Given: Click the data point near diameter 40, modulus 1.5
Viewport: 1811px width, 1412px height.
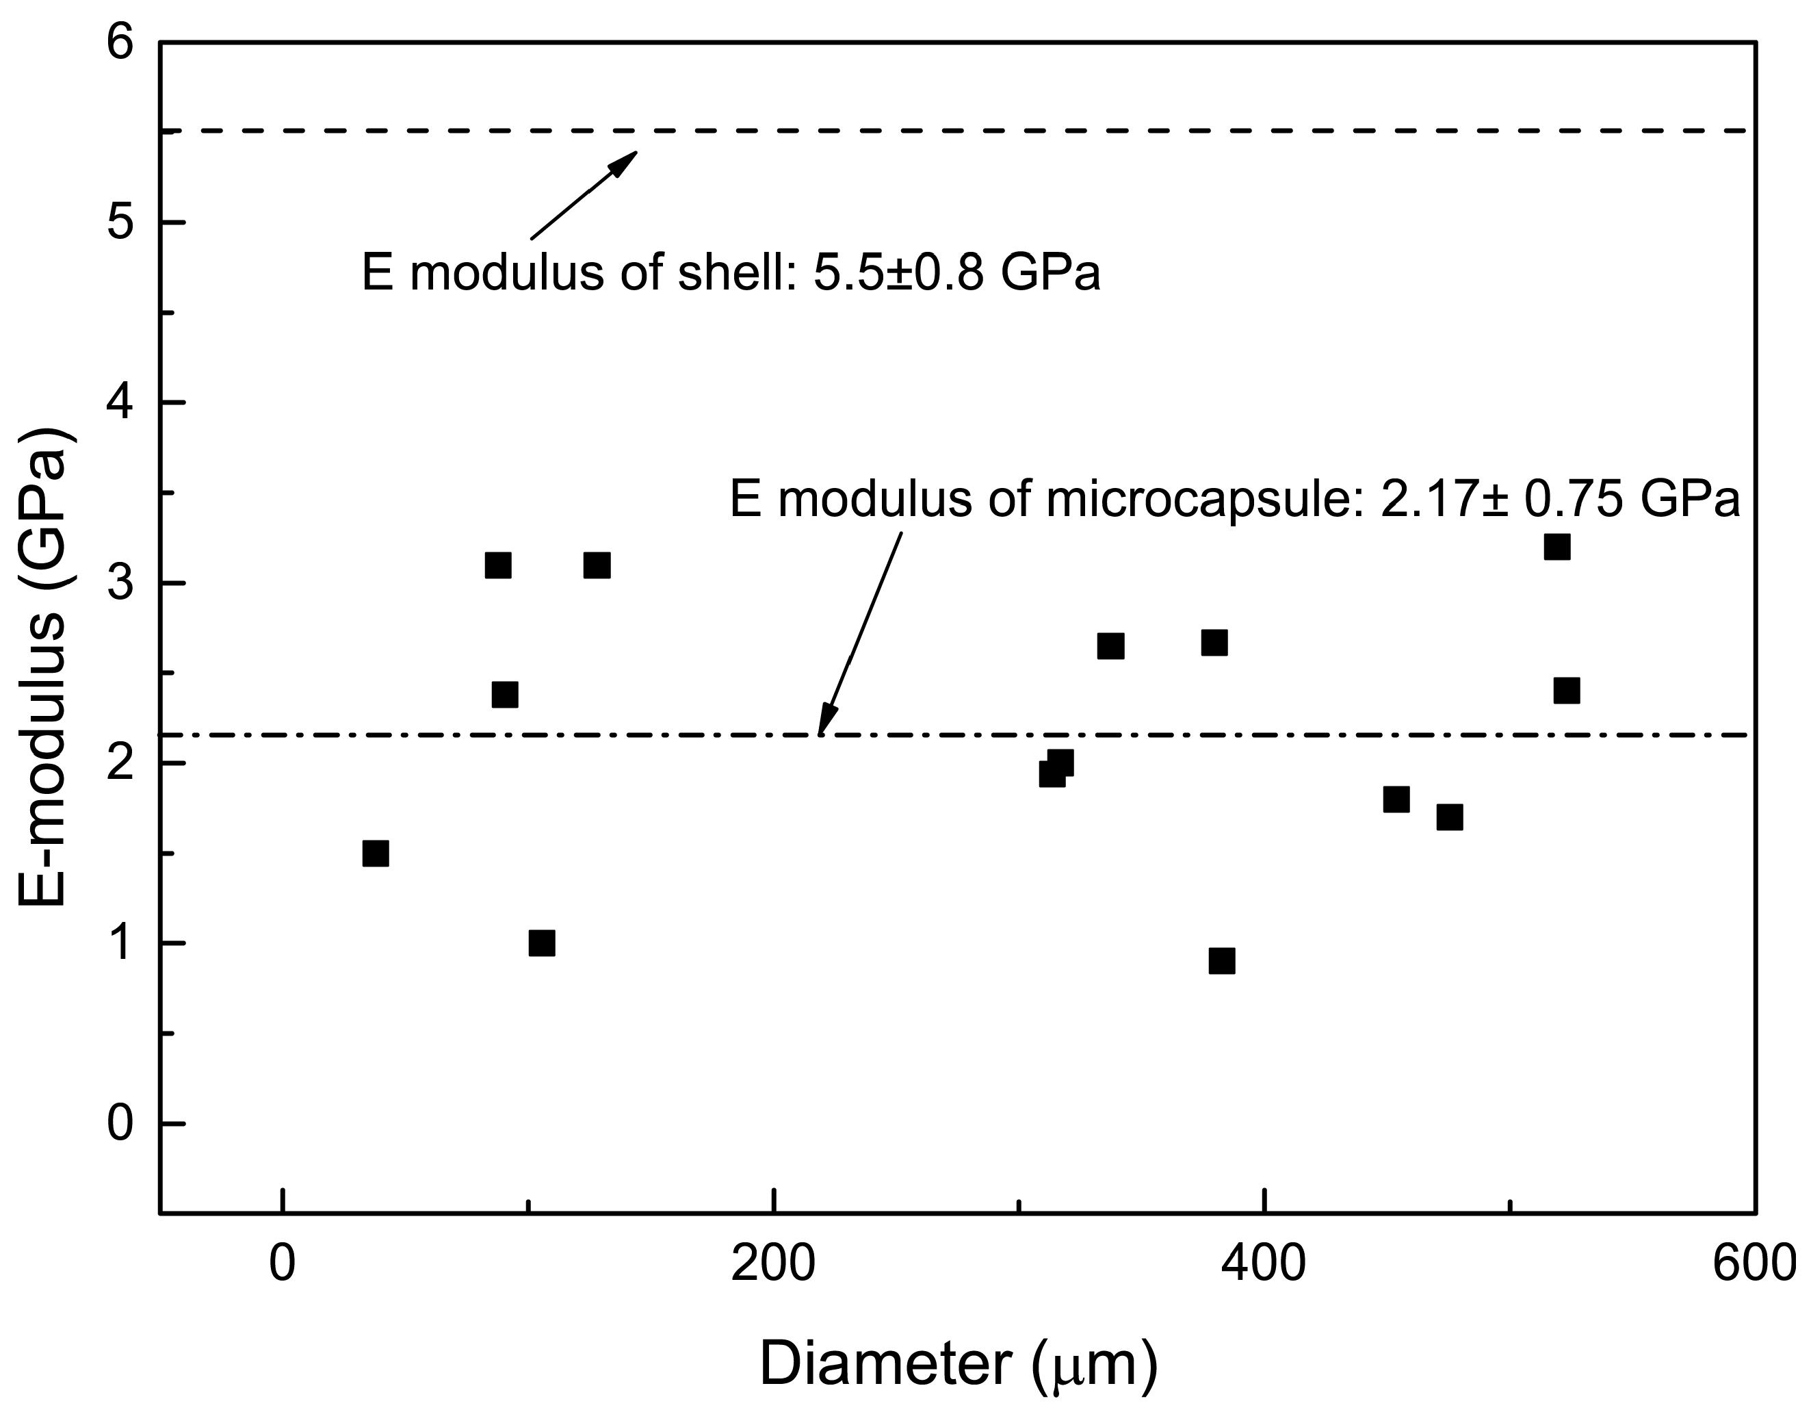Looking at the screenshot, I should click(376, 853).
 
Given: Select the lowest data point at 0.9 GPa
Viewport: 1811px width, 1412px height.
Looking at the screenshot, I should click(1221, 962).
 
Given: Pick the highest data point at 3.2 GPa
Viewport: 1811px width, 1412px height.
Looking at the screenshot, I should click(1556, 548).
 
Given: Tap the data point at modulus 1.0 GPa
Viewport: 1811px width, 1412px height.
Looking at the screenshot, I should click(541, 943).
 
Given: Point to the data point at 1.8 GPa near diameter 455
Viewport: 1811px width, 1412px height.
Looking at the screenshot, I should click(1396, 799).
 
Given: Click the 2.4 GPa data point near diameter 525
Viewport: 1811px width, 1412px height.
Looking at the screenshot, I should click(1566, 690).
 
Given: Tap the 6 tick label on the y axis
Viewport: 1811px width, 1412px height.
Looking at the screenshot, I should click(120, 44).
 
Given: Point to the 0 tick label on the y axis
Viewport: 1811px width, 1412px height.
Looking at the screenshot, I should click(120, 1125).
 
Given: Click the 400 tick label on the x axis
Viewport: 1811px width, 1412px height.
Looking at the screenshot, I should click(1264, 1264).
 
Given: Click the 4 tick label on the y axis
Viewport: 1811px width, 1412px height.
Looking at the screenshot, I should click(120, 404).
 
